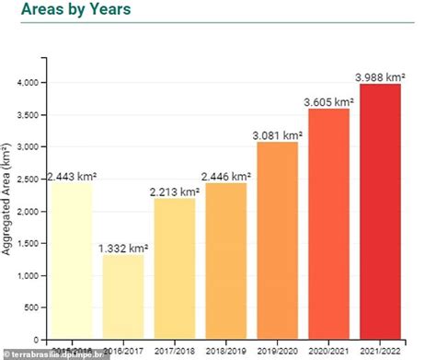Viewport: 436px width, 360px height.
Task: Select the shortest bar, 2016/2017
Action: coord(122,296)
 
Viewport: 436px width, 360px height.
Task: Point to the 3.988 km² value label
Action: coord(380,75)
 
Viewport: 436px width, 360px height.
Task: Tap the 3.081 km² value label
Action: coord(277,134)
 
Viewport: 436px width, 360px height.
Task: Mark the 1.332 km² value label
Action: coord(122,247)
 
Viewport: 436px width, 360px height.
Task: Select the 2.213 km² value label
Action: coord(174,191)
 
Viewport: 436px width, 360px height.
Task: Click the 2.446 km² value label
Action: coord(225,175)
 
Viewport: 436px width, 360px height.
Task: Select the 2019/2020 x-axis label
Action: coord(277,350)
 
